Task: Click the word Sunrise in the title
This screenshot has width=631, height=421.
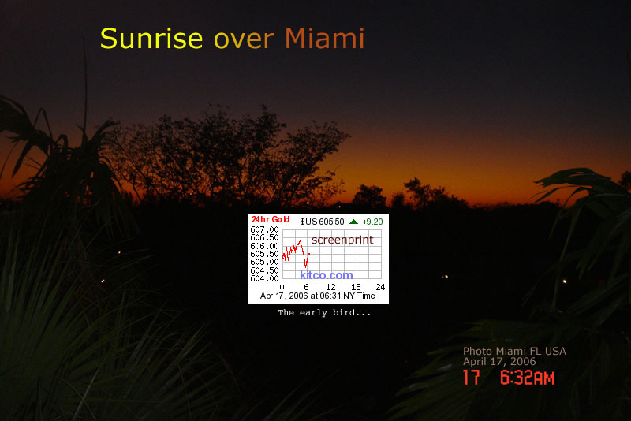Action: pyautogui.click(x=151, y=39)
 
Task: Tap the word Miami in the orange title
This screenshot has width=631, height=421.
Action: pyautogui.click(x=324, y=39)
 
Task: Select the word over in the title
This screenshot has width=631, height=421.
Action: pyautogui.click(x=244, y=41)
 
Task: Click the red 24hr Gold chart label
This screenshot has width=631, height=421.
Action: pyautogui.click(x=271, y=219)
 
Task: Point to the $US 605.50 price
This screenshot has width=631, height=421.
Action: pyautogui.click(x=322, y=222)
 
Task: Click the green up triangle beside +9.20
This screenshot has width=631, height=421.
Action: pyautogui.click(x=353, y=222)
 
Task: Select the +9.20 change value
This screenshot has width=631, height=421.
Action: pyautogui.click(x=372, y=222)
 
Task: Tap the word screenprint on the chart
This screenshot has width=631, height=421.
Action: pyautogui.click(x=342, y=240)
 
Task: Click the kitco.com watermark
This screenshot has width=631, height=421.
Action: pyautogui.click(x=327, y=275)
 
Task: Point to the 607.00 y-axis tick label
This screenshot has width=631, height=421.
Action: pyautogui.click(x=264, y=229)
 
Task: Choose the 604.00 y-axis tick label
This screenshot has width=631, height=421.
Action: pyautogui.click(x=264, y=278)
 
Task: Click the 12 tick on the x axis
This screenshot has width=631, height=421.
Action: pyautogui.click(x=330, y=287)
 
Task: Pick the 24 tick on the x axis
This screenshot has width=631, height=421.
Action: pyautogui.click(x=380, y=287)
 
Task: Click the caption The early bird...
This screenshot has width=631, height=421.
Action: pyautogui.click(x=324, y=312)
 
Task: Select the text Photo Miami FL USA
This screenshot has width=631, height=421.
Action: pyautogui.click(x=514, y=351)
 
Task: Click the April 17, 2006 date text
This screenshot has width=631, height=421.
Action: pyautogui.click(x=499, y=362)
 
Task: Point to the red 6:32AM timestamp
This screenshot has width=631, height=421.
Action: pyautogui.click(x=527, y=378)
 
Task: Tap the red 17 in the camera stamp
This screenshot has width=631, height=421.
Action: pyautogui.click(x=471, y=378)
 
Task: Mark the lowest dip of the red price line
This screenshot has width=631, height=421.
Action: pyautogui.click(x=305, y=266)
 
